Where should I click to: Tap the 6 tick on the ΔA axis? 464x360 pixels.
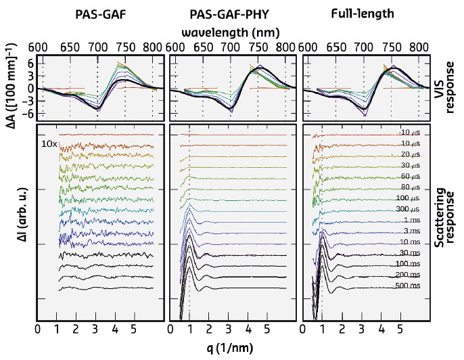pyautogui.click(x=30, y=62)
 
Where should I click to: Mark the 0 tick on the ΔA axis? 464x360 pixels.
pyautogui.click(x=30, y=88)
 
